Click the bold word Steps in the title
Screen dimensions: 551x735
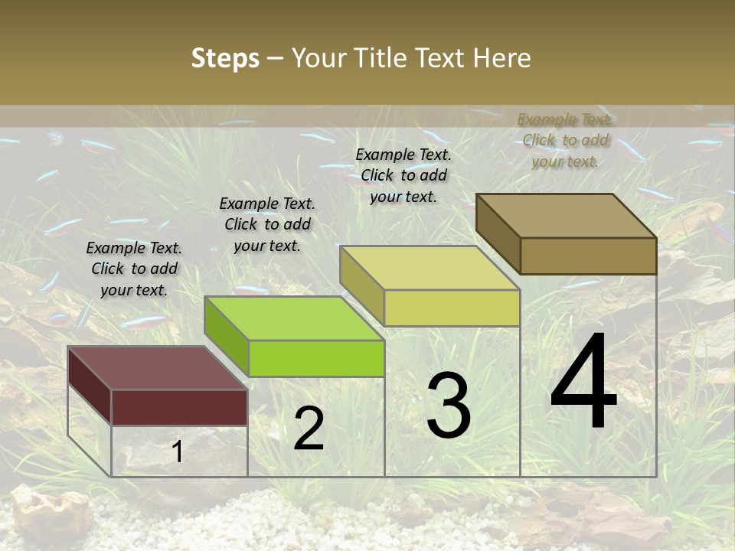225,58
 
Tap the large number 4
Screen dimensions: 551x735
583,383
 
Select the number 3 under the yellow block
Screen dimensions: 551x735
449,406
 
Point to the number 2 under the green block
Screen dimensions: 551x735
309,429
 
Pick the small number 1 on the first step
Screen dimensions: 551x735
177,452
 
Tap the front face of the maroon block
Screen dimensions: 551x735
179,407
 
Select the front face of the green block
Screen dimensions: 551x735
315,358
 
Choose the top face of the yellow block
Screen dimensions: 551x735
430,268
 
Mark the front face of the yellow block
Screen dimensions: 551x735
452,308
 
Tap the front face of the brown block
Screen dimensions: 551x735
588,256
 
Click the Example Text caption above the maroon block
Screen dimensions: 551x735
134,269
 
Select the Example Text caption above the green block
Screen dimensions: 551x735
267,224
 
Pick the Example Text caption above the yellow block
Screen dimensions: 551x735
403,175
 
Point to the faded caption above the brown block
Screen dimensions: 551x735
565,140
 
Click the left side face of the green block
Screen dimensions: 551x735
227,337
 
